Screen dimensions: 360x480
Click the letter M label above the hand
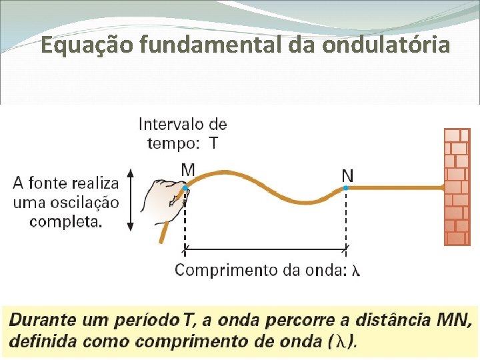click(188, 171)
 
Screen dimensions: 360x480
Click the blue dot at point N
click(346, 189)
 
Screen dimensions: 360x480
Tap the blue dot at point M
click(185, 189)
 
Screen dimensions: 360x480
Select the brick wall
click(457, 187)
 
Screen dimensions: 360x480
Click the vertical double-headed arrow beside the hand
click(130, 199)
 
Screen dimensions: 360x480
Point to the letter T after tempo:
click(213, 143)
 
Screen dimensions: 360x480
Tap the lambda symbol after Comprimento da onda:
click(356, 270)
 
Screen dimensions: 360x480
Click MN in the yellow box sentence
click(458, 321)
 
